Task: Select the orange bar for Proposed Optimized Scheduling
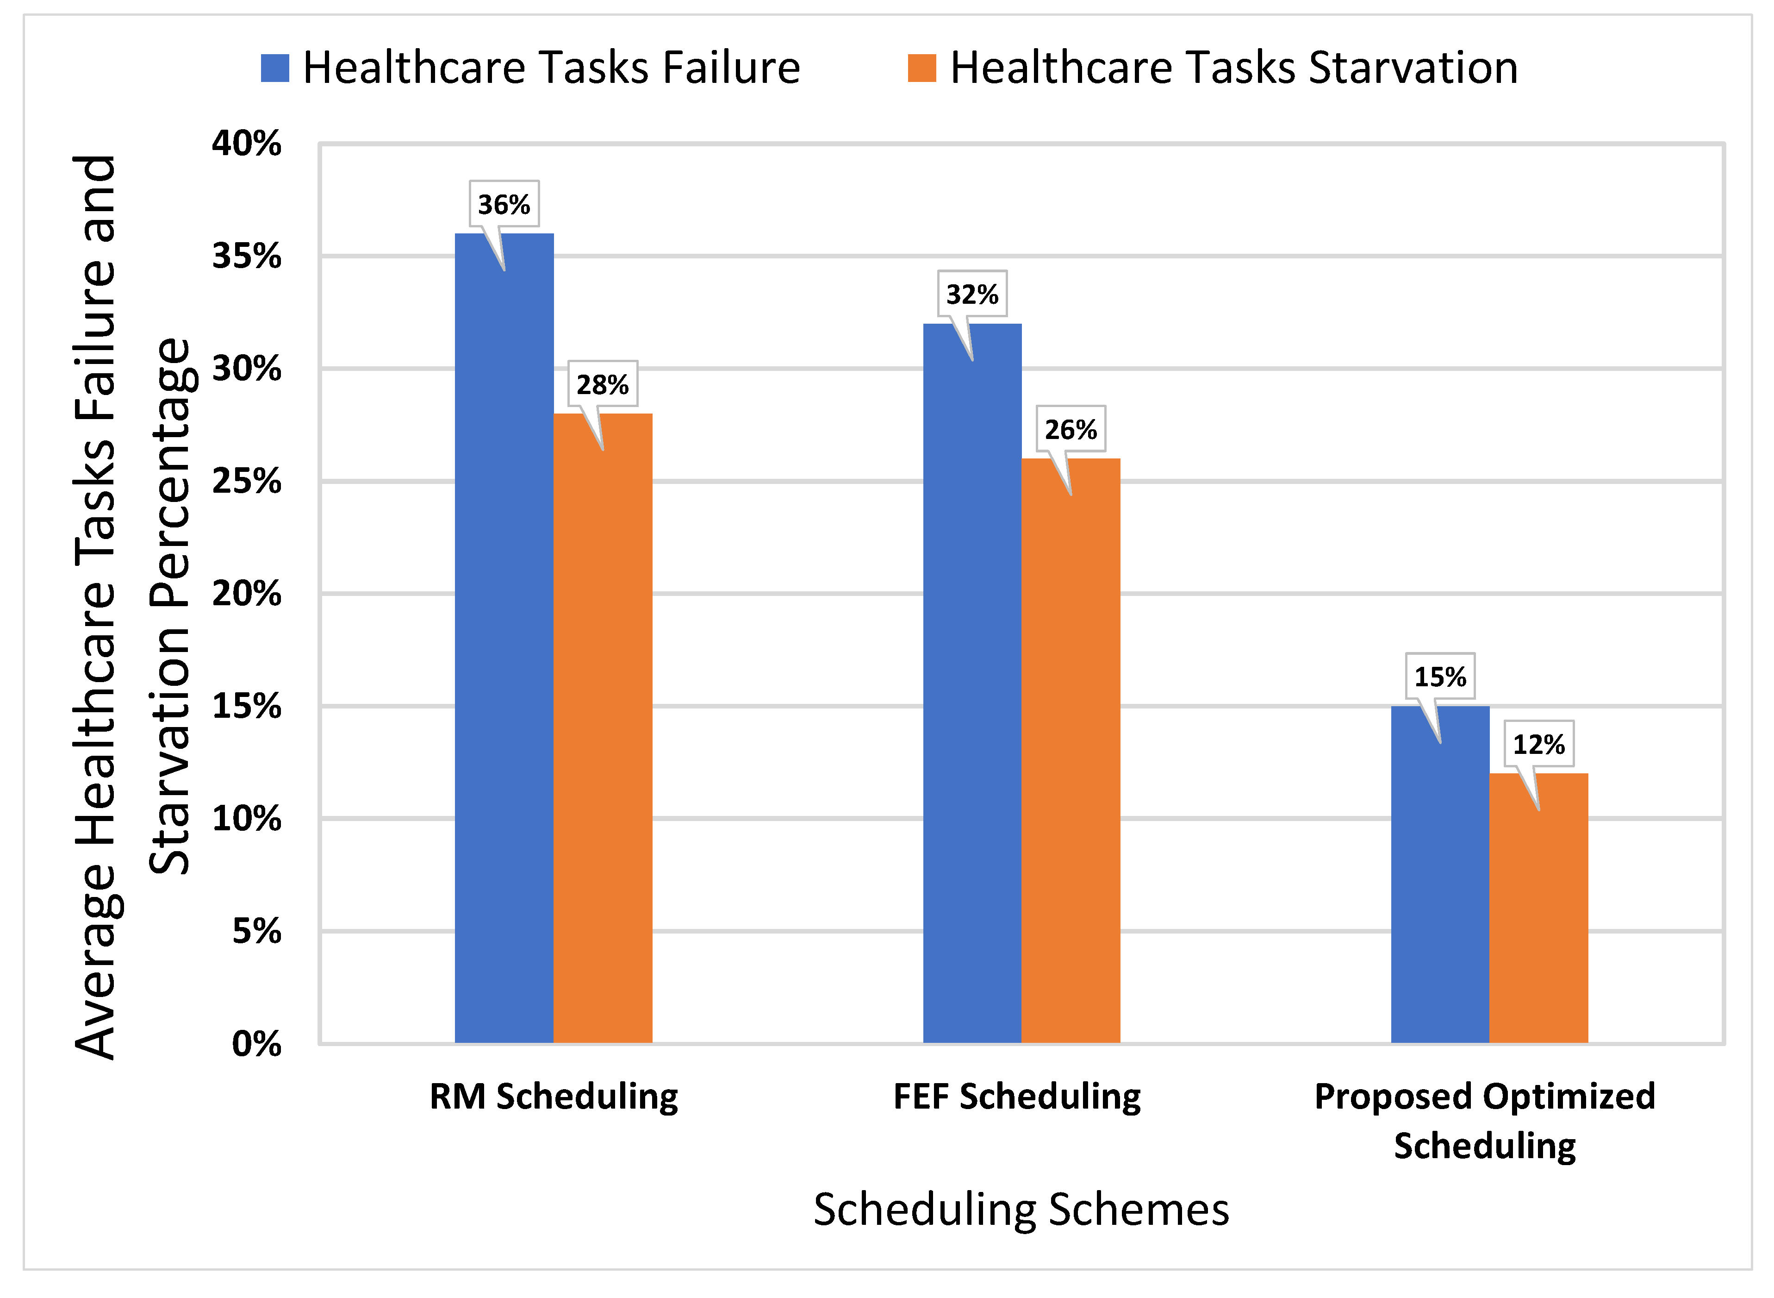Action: (x=1538, y=911)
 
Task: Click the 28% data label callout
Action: (x=602, y=384)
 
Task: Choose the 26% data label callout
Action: (x=1071, y=429)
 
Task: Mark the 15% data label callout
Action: (x=1439, y=676)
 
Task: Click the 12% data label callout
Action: (x=1538, y=743)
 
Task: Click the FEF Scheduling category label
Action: (x=1017, y=1096)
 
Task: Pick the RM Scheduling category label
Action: (x=554, y=1096)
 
